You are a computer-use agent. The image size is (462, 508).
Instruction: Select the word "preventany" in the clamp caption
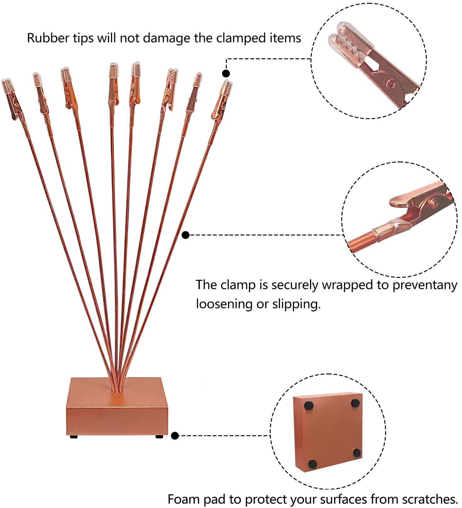[x=425, y=285]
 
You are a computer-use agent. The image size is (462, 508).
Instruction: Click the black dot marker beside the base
[x=175, y=436]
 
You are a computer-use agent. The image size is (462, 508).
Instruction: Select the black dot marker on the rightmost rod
[x=186, y=235]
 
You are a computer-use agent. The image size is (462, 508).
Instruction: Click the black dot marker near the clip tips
[x=226, y=74]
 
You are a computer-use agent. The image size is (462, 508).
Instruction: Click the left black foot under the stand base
[x=74, y=437]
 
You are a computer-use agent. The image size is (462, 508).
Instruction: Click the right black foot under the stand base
[x=159, y=436]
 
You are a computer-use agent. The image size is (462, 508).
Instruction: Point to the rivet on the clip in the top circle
[x=391, y=84]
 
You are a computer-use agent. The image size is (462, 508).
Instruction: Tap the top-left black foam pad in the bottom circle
[x=309, y=405]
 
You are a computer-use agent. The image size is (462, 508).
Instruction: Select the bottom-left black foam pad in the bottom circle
[x=313, y=464]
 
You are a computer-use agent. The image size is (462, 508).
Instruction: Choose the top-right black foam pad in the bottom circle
[x=355, y=403]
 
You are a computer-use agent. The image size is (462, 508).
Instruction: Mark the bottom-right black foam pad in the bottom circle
[x=357, y=453]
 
